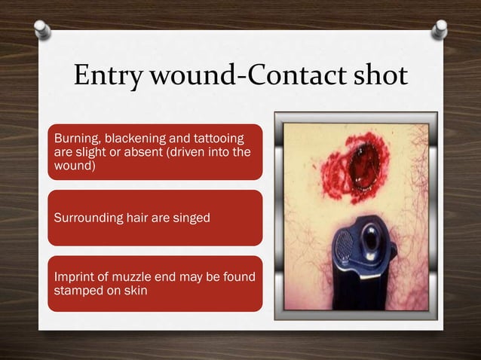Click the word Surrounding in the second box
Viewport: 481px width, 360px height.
[x=85, y=218]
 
